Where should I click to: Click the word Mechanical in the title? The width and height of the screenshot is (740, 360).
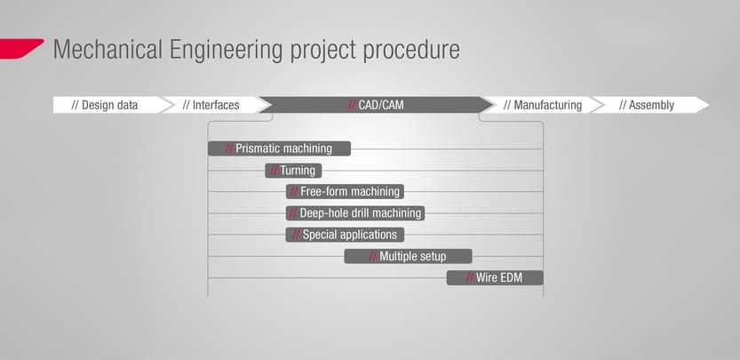[x=107, y=49]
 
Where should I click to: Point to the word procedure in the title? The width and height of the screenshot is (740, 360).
[x=411, y=49]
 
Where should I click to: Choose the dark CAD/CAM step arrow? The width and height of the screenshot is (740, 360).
[x=376, y=105]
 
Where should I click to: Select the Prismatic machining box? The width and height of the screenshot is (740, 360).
[x=279, y=148]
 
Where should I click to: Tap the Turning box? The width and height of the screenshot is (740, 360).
[x=293, y=171]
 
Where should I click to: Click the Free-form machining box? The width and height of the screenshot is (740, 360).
[x=345, y=191]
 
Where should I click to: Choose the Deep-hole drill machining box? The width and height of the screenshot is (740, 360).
[x=355, y=213]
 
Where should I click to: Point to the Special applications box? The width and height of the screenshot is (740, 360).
[x=345, y=235]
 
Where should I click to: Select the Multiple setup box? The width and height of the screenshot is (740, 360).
[x=409, y=257]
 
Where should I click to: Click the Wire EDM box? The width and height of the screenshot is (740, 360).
[x=495, y=278]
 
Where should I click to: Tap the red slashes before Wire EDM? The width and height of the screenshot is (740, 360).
[x=470, y=278]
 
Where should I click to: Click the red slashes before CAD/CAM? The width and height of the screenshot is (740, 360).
[x=352, y=105]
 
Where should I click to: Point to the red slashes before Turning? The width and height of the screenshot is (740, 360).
[x=274, y=171]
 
